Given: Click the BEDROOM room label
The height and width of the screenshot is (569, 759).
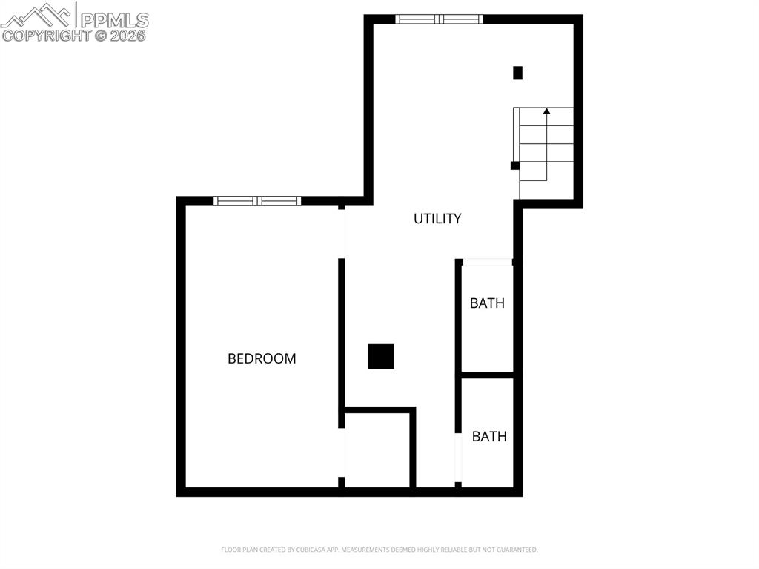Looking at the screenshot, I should (262, 358).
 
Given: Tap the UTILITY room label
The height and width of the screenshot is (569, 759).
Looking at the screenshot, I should (437, 218).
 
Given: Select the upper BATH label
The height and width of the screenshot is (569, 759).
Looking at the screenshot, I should (487, 303).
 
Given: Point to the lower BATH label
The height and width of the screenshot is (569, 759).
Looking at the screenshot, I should (489, 436).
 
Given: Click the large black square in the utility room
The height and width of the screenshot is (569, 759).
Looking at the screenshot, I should (381, 357).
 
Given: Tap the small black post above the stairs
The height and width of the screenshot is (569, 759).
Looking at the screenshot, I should (517, 73).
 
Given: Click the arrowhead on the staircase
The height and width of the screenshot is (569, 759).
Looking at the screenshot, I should (546, 111).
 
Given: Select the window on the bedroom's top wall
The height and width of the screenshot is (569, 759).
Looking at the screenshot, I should (257, 200).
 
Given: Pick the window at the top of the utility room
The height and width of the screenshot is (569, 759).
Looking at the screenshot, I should (439, 19).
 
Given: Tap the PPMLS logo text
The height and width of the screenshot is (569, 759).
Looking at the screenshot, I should (114, 19).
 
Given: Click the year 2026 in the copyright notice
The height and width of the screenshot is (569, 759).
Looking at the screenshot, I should (130, 35).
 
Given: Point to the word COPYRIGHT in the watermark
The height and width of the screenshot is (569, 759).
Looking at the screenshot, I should (46, 35).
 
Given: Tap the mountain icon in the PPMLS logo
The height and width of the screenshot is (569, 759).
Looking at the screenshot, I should (37, 15).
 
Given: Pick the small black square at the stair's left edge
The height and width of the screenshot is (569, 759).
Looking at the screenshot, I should (514, 165).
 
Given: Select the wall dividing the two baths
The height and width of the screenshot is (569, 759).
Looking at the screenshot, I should (487, 375).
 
